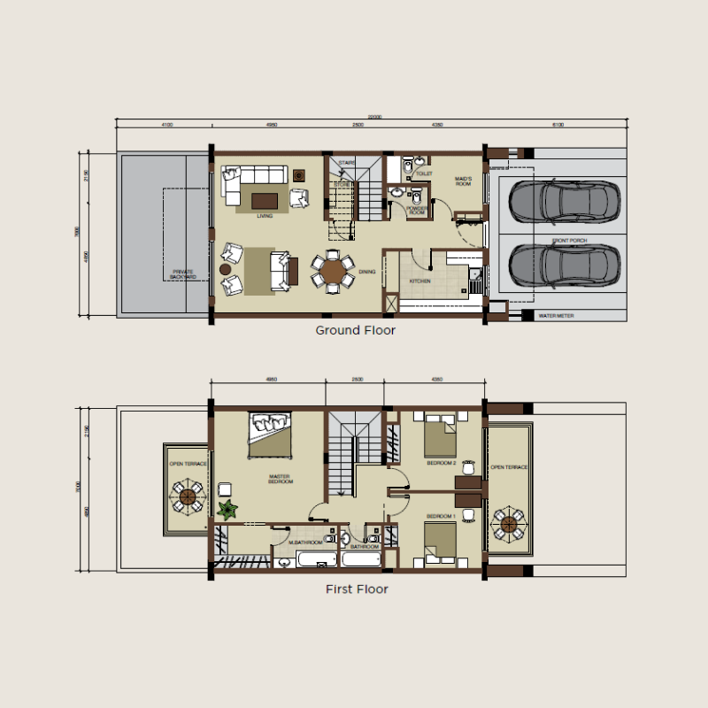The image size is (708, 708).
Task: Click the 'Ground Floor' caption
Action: click(355, 331)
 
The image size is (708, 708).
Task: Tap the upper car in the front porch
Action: click(562, 201)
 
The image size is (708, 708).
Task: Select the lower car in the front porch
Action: click(562, 262)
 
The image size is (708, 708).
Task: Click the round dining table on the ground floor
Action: click(333, 271)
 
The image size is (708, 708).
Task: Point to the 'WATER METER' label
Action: click(555, 315)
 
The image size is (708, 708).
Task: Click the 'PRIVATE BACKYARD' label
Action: click(183, 274)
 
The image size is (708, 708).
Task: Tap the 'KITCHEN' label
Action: click(419, 281)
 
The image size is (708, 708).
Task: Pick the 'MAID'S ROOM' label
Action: click(464, 181)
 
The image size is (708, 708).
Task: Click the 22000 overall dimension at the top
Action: click(375, 117)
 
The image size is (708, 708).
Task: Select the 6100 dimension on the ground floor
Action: click(558, 126)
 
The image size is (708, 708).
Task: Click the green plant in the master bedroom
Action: click(228, 509)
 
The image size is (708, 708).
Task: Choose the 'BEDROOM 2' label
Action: click(441, 463)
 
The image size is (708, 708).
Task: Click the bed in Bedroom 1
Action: click(440, 541)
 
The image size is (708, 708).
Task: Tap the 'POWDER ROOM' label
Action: click(417, 212)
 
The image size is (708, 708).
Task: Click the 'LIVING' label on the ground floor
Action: click(264, 215)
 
